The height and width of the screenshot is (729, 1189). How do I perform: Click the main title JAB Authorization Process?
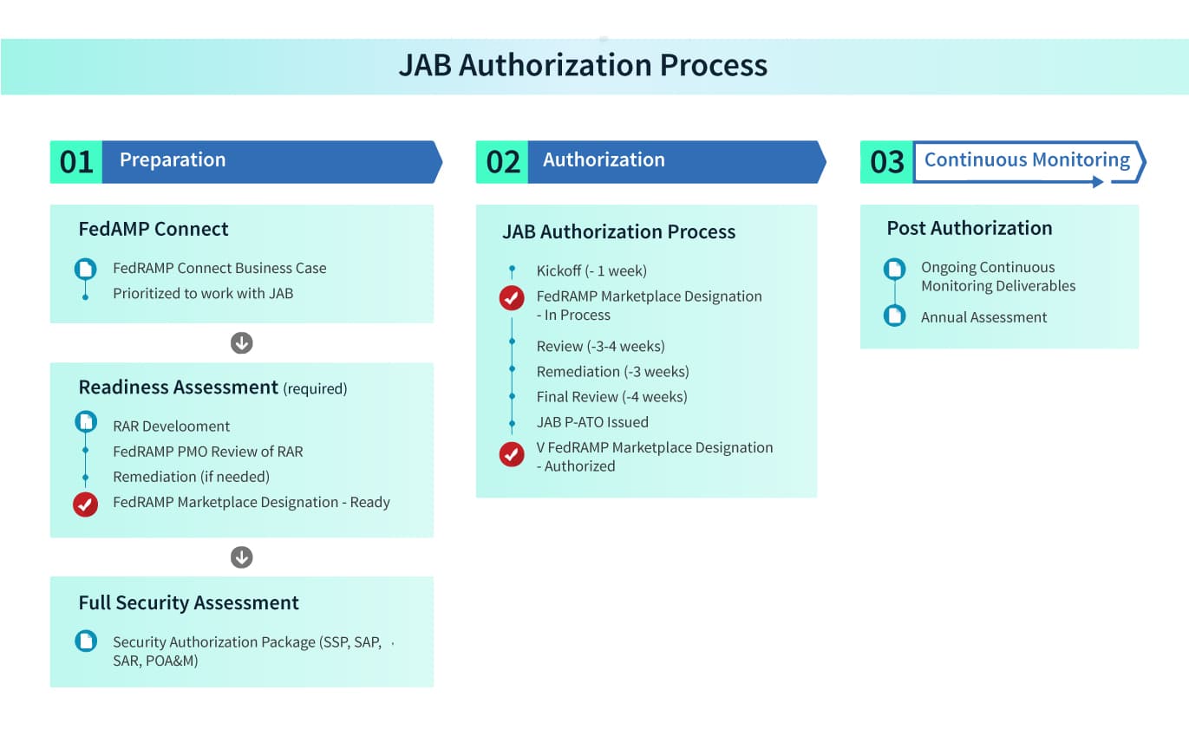pos(583,65)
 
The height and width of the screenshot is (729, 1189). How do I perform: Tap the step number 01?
pos(76,162)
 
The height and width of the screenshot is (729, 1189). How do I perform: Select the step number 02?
pos(503,162)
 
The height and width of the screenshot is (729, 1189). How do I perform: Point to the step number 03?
pos(886,162)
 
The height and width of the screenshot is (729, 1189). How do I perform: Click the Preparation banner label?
pos(173,159)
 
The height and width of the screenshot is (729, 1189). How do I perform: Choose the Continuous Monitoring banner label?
pos(1027,159)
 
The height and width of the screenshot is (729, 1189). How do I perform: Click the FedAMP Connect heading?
pos(154,229)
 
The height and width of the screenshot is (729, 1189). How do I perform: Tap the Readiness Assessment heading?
pos(179,387)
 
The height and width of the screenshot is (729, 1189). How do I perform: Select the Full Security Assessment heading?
pos(188,602)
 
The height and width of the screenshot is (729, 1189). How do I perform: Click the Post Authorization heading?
pos(970,228)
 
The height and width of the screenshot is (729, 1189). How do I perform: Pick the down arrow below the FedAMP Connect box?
pos(241,342)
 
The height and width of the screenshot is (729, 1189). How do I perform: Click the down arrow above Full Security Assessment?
pos(241,557)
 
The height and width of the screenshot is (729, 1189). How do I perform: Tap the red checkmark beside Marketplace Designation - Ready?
pos(86,504)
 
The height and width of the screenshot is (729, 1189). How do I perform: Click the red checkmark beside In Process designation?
pos(512,298)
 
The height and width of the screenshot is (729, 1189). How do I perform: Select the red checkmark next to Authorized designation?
pos(512,454)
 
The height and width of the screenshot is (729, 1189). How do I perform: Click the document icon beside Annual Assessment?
pos(894,316)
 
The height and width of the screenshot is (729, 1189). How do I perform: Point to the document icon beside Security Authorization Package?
pos(86,641)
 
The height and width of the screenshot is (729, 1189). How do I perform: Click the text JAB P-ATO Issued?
pos(592,422)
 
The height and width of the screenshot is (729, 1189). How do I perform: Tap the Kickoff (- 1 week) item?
pos(591,271)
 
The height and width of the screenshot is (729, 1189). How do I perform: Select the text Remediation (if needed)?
pos(191,477)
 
